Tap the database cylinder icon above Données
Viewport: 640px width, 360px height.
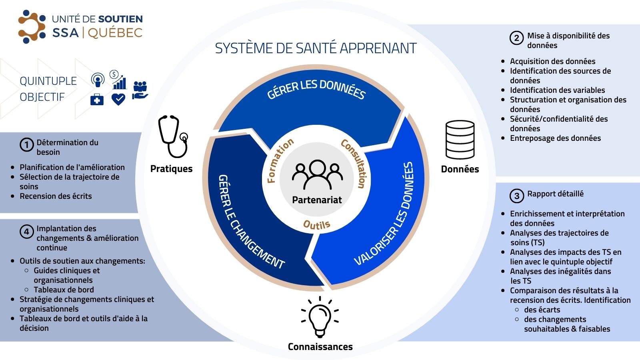460,140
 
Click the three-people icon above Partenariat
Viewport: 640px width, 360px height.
317,174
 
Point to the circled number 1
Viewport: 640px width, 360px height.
27,144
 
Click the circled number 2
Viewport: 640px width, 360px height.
516,38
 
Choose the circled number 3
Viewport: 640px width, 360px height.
516,196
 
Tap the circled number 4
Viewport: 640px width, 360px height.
27,232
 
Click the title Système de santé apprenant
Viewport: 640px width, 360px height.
316,48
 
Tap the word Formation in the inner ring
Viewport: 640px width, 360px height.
280,160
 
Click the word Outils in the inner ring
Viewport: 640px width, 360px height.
316,225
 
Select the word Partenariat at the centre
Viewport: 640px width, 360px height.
317,200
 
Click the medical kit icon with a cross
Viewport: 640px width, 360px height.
97,99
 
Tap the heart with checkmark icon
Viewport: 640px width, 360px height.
118,99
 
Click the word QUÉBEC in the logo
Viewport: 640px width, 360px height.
115,33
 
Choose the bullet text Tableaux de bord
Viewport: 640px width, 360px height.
64,290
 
